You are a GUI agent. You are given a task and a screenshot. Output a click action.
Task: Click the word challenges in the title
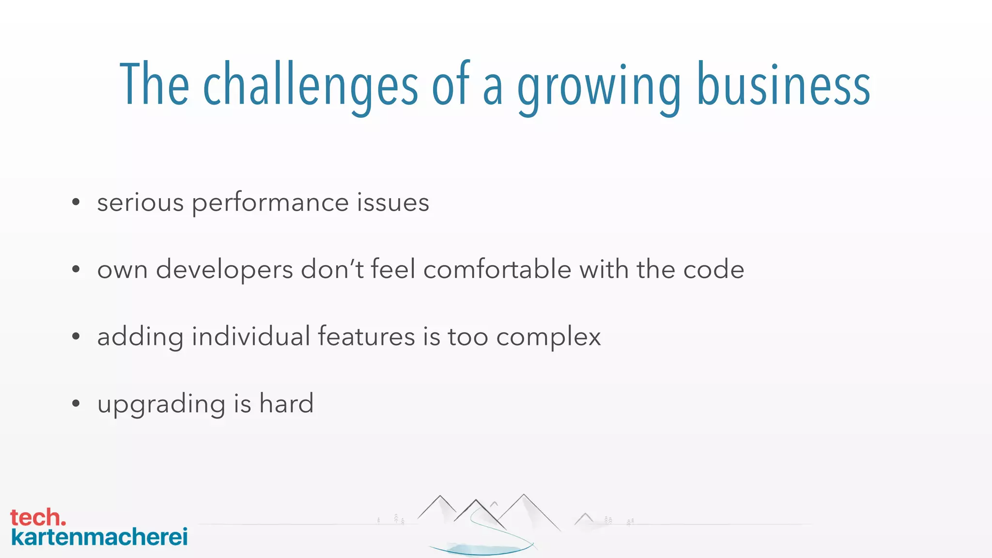[x=310, y=85]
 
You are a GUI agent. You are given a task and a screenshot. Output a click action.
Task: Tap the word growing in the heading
[x=599, y=87]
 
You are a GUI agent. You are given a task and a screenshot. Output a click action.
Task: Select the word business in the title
[x=783, y=85]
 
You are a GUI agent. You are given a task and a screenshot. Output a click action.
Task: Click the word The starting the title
[x=154, y=85]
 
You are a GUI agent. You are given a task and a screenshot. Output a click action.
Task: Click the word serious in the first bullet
[x=140, y=202]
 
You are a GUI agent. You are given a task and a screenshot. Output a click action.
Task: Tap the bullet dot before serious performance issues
[x=76, y=202]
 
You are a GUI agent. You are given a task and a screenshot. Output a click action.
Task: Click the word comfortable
[x=497, y=269]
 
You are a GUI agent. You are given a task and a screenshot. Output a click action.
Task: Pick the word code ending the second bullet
[x=713, y=269]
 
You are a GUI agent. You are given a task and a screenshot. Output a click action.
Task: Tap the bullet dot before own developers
[x=76, y=269]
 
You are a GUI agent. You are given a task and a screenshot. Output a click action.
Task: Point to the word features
[x=366, y=336]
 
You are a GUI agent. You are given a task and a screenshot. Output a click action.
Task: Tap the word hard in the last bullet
[x=286, y=403]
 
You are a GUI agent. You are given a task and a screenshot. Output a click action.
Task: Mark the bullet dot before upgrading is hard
[x=76, y=403]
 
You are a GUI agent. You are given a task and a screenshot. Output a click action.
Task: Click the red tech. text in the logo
[x=38, y=518]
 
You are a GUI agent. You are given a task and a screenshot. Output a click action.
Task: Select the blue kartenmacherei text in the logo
[x=99, y=537]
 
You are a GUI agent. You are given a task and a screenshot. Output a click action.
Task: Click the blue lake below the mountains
[x=482, y=549]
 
